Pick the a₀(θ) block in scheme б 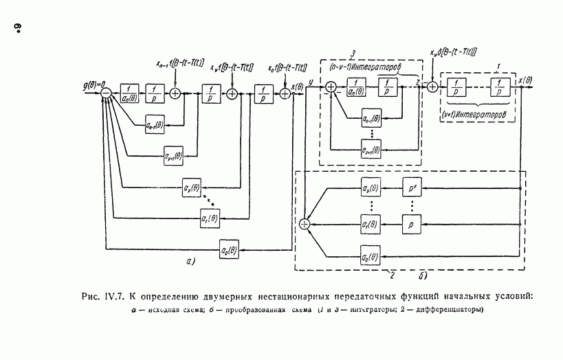point(371,258)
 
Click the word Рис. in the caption point(90,297)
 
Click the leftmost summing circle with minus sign point(106,93)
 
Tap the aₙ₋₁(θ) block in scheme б point(372,121)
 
